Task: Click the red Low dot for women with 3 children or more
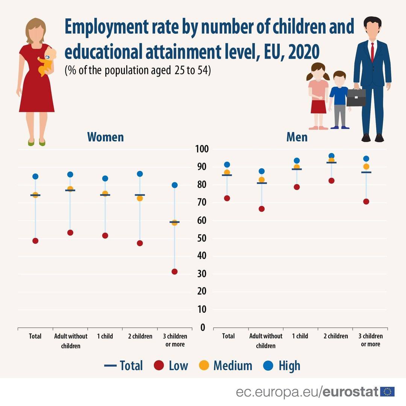(x=174, y=271)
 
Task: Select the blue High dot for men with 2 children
(x=331, y=156)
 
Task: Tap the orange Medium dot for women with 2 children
(x=140, y=198)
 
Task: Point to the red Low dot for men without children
(x=262, y=209)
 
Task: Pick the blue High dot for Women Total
(x=35, y=176)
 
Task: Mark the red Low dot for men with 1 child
(x=297, y=187)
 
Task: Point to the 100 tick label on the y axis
(x=201, y=149)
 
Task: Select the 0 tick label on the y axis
(x=203, y=327)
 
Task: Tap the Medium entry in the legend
(x=226, y=365)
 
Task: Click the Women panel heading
(x=105, y=137)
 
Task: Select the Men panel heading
(x=297, y=137)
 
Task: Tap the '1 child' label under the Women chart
(x=105, y=336)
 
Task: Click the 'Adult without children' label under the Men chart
(x=265, y=341)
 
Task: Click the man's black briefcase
(x=356, y=97)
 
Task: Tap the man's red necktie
(x=372, y=52)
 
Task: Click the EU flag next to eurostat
(x=387, y=391)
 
